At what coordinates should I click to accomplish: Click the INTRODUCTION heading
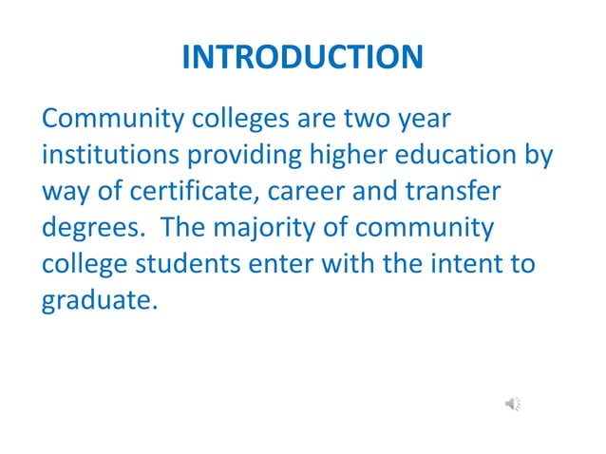pyautogui.click(x=302, y=57)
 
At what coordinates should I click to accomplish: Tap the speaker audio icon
pyautogui.click(x=513, y=405)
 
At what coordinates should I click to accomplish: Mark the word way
pyautogui.click(x=66, y=193)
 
